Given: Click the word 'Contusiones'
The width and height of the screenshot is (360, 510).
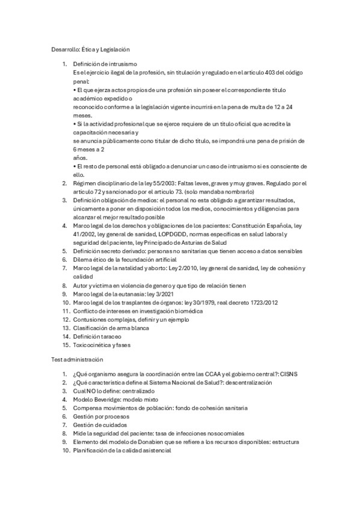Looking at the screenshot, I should click(90, 319).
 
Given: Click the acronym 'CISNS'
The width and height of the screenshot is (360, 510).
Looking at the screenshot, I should click(288, 373).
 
